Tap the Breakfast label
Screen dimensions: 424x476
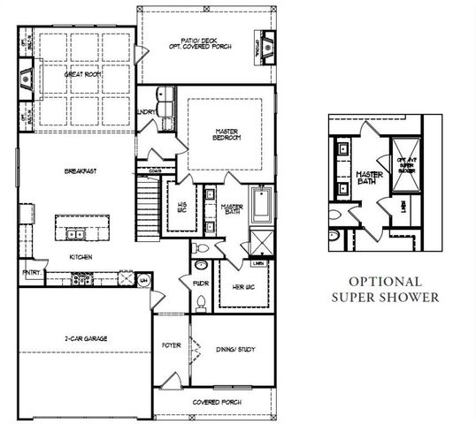pos(80,170)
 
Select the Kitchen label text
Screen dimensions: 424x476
pos(81,257)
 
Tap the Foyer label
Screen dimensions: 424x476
pos(171,345)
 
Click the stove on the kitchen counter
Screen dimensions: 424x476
pos(85,280)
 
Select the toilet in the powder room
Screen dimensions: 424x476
pos(202,303)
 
